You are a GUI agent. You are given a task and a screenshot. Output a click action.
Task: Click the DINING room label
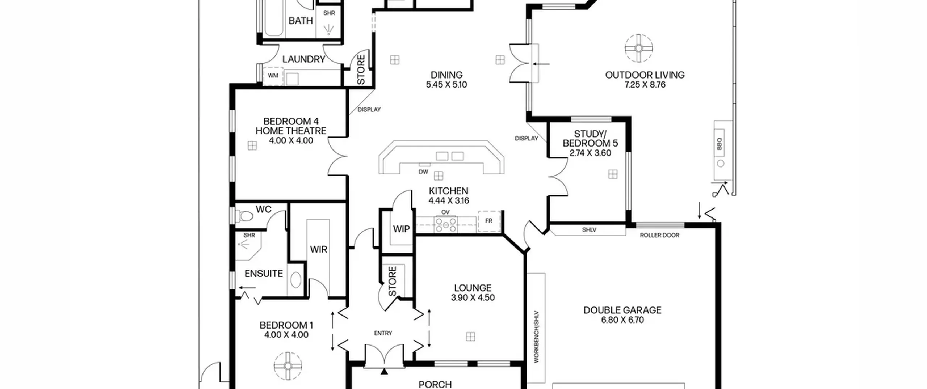(446, 75)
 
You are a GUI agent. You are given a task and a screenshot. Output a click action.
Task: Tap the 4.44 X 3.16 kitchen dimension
(449, 201)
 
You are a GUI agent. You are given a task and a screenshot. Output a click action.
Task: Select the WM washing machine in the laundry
(273, 76)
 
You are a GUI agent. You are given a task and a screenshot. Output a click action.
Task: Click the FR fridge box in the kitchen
(489, 221)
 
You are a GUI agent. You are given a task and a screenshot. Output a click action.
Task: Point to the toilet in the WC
(245, 216)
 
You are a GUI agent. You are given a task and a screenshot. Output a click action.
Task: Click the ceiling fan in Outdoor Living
(639, 48)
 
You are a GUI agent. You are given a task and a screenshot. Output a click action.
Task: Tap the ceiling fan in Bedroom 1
(288, 366)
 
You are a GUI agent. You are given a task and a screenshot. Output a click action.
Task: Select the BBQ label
(719, 144)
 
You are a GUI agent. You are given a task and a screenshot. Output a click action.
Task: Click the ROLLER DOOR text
(659, 235)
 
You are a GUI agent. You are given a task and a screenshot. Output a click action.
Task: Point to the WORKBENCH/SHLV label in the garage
(537, 337)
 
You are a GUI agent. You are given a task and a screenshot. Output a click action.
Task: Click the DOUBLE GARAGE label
(622, 310)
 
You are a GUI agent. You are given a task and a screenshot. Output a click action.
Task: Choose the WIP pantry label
(401, 229)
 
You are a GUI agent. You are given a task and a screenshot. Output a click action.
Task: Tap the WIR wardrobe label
(319, 249)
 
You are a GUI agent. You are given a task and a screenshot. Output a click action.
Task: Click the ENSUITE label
(264, 274)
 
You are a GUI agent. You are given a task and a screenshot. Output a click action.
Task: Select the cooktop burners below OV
(446, 225)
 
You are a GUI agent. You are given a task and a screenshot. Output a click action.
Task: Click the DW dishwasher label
(423, 172)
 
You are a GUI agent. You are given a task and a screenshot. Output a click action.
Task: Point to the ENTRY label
(383, 333)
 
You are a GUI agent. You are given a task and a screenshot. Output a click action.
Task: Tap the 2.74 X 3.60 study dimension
(590, 153)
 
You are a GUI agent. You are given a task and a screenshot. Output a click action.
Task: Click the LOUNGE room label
(473, 288)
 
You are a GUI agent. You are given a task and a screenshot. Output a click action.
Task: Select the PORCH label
(435, 384)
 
